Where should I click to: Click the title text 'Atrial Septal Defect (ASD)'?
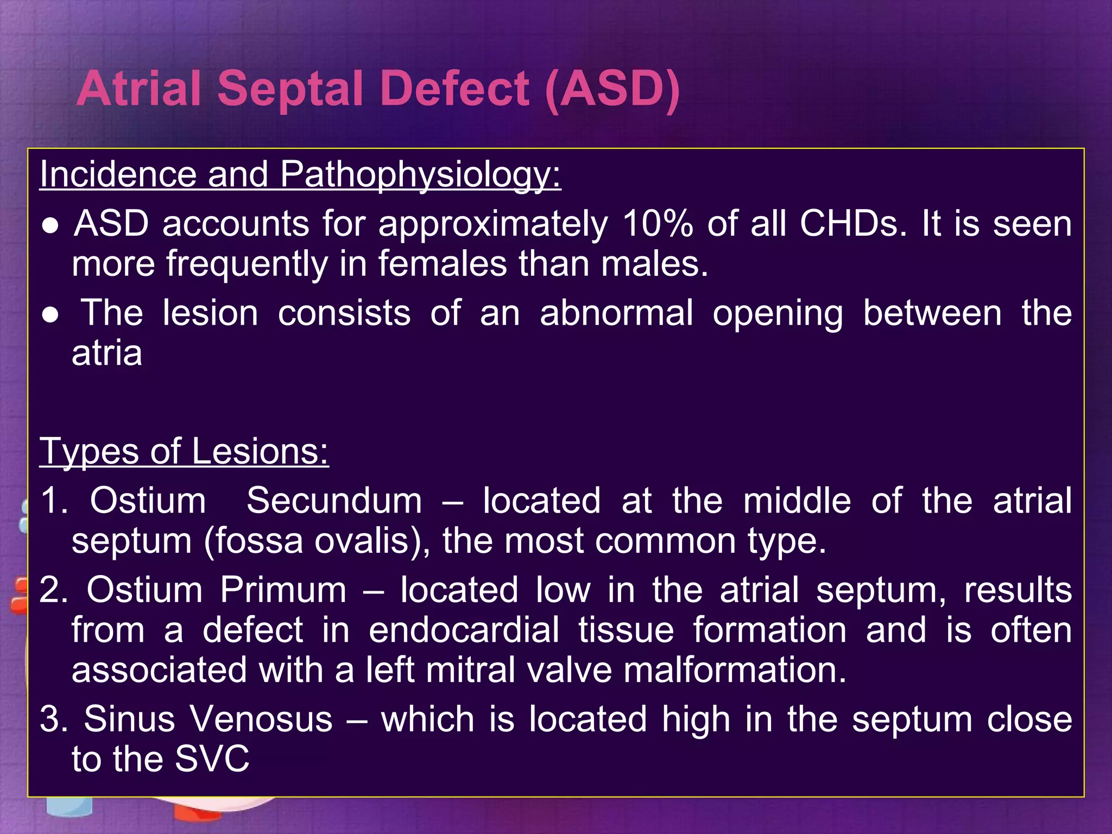click(378, 89)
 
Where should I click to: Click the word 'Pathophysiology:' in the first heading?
click(420, 175)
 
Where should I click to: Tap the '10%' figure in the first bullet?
click(658, 223)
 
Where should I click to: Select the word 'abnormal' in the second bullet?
click(616, 313)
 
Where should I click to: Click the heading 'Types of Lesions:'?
click(184, 451)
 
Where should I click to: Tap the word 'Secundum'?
click(334, 501)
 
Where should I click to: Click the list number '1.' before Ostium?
click(54, 501)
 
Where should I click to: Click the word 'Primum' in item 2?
click(283, 590)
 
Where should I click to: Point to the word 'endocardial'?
click(464, 630)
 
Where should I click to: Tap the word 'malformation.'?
click(735, 670)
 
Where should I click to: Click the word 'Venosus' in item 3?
click(262, 719)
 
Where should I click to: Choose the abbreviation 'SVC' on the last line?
click(212, 759)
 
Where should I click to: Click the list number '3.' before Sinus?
click(54, 719)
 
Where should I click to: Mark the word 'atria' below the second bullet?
click(107, 353)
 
